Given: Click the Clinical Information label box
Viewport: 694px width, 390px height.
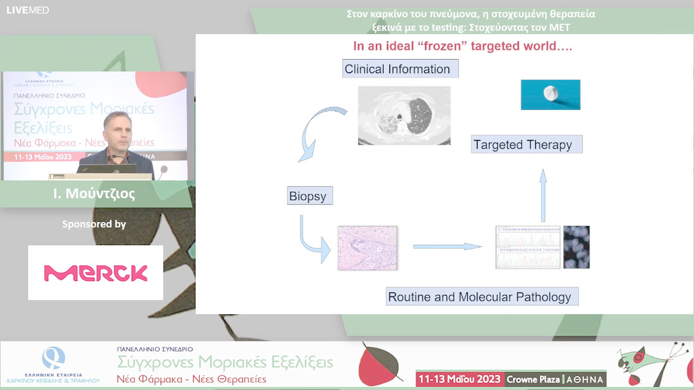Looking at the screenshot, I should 400,69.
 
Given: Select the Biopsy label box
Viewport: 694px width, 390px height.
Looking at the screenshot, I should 309,196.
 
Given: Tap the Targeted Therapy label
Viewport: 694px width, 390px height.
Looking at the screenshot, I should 526,144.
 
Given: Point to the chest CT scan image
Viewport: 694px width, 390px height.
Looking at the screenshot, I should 404,115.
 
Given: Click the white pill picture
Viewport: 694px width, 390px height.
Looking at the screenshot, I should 550,94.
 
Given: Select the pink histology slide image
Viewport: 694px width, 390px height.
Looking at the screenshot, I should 367,247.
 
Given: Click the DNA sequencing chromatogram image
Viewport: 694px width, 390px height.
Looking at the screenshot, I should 528,247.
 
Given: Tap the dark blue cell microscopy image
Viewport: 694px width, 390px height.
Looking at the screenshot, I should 576,247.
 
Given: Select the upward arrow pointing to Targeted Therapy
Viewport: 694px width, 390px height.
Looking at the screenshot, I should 543,195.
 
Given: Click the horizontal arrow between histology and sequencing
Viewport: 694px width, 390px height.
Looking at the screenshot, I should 447,246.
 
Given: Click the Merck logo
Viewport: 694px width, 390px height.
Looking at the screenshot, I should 96,273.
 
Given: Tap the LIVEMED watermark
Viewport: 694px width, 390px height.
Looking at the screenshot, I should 27,10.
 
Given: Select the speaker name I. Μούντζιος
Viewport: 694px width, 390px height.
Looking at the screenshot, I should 94,194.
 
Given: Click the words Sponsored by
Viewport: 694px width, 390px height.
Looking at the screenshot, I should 94,225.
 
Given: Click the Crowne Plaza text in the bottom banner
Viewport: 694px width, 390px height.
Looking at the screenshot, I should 533,379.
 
